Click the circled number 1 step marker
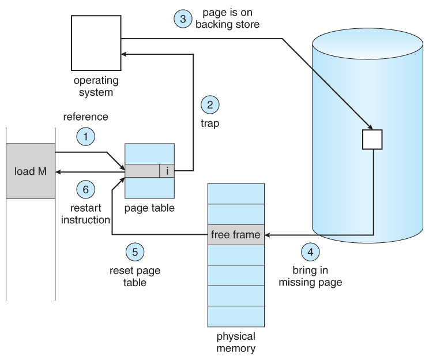(85, 137)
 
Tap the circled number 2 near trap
(210, 105)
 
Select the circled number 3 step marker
(183, 18)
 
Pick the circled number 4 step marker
(310, 252)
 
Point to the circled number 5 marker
(135, 252)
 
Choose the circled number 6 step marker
(85, 189)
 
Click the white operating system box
(95, 42)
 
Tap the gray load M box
(31, 171)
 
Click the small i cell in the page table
(167, 171)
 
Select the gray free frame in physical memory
(236, 235)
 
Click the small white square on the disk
(372, 140)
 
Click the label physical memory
(236, 342)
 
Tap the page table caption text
(149, 206)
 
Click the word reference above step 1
(85, 117)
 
